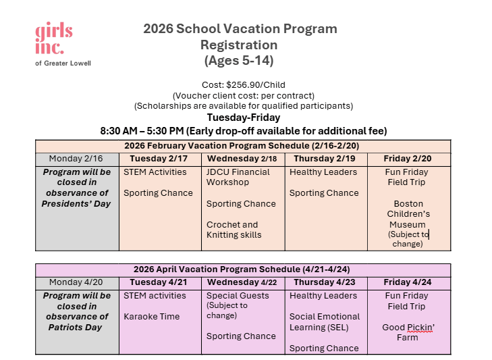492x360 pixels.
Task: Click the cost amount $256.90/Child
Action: [x=244, y=85]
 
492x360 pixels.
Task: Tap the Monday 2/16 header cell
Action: [x=76, y=159]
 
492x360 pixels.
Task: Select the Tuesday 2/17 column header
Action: [x=160, y=159]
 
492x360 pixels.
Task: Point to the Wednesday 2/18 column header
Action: [x=243, y=159]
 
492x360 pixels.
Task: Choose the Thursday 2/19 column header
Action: [x=325, y=159]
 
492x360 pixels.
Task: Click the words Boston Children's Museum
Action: [x=408, y=213]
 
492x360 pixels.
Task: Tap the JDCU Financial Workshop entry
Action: [x=238, y=177]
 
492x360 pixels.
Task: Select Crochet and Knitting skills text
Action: [x=234, y=230]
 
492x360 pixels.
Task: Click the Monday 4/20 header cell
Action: [x=76, y=282]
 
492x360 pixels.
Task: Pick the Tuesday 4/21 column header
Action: [x=160, y=282]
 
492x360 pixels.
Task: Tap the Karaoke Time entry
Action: [x=152, y=316]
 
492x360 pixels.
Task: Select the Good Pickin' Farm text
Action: [x=408, y=332]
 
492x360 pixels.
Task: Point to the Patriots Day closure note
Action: [x=76, y=311]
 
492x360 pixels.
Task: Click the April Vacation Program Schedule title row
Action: [x=243, y=269]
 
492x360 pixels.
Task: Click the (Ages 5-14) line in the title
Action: [x=239, y=61]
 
